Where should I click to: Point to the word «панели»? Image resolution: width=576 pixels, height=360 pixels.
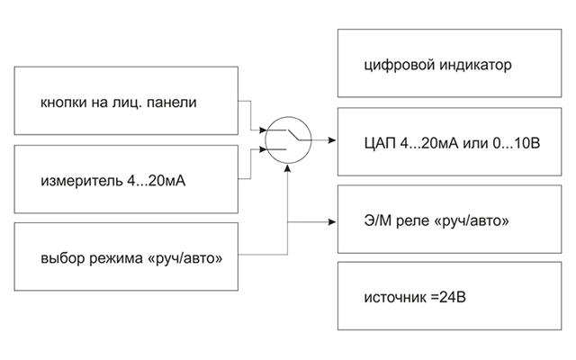pyautogui.click(x=172, y=103)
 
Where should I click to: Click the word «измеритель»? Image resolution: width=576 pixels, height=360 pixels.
pyautogui.click(x=82, y=181)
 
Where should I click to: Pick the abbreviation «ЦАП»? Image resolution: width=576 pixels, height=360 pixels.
pyautogui.click(x=380, y=143)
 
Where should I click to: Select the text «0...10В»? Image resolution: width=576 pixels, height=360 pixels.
pyautogui.click(x=516, y=143)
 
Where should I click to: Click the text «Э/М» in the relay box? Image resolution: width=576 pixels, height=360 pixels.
pyautogui.click(x=378, y=220)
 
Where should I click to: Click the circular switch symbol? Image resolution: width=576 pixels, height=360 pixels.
pyautogui.click(x=288, y=117)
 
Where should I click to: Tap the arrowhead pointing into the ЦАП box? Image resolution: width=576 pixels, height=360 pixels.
pyautogui.click(x=332, y=140)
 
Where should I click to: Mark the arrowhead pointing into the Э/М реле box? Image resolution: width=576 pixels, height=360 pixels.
pyautogui.click(x=332, y=222)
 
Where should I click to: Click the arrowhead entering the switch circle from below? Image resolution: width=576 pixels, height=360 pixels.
pyautogui.click(x=288, y=168)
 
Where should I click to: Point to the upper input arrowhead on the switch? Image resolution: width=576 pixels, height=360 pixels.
pyautogui.click(x=263, y=130)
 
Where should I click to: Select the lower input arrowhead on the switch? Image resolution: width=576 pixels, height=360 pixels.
pyautogui.click(x=263, y=149)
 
